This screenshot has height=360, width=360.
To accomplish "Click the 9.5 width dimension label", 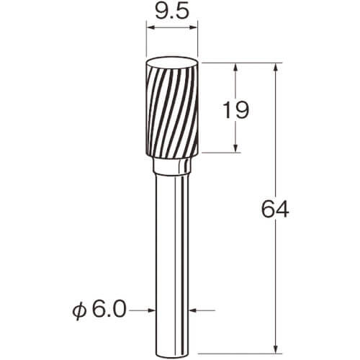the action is coord(171,12).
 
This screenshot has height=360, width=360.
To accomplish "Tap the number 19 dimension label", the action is coord(236,109).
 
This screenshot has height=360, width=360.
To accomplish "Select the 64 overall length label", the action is coord(275,210).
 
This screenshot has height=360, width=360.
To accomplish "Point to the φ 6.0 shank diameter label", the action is coord(99,310).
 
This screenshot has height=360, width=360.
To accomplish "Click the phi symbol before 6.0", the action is coord(79,311).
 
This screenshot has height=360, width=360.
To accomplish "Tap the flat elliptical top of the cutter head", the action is coord(172,63).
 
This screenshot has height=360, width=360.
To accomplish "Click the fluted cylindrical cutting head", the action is coord(172,108).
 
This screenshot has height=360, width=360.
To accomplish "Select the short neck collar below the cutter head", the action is coord(172,166).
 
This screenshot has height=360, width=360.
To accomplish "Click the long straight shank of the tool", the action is coord(172,264).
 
